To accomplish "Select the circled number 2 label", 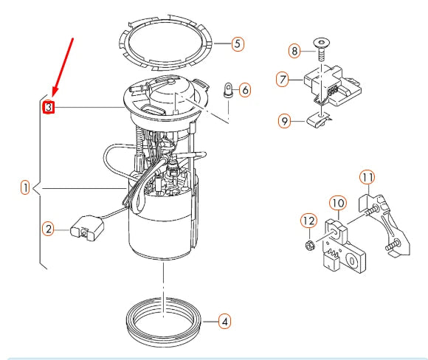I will pos(48,230).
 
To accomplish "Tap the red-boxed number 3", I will pos(48,108).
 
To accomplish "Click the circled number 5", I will pos(237,44).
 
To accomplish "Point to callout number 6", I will pos(245,90).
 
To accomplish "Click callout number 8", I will pos(294,51).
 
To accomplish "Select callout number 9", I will pos(284,120).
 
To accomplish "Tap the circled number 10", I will pos(336,202).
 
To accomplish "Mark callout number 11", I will pos(367,176).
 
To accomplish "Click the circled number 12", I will pos(308,220).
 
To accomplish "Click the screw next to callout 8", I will pos(322,50).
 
